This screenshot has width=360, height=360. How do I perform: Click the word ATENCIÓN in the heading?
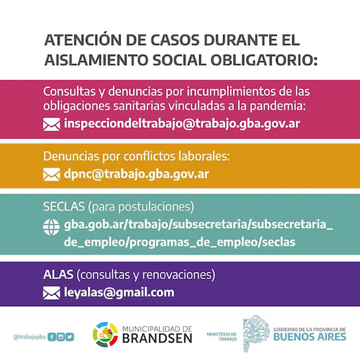click(83, 40)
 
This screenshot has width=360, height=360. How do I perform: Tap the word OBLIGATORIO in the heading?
click(264, 60)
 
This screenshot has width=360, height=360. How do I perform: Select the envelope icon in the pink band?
click(51, 124)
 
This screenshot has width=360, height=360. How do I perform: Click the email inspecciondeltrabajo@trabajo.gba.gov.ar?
click(182, 123)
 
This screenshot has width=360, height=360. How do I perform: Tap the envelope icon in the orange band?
click(51, 175)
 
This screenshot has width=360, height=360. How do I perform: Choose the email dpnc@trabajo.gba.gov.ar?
click(137, 174)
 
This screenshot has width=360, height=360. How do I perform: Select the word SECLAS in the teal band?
click(63, 206)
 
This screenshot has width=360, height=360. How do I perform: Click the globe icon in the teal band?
click(51, 227)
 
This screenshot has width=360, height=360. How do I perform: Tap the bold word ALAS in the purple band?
click(58, 275)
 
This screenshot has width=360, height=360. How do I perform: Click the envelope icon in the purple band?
click(51, 293)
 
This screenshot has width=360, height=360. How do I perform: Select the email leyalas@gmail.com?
click(119, 293)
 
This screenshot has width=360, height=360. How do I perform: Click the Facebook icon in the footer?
click(52, 337)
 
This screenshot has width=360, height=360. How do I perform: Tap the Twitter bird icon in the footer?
click(70, 337)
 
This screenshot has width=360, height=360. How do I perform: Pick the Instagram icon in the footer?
click(60, 337)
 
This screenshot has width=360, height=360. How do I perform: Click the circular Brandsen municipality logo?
click(106, 334)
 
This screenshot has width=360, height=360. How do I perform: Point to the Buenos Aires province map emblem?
click(256, 333)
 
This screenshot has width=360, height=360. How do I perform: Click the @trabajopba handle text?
click(29, 337)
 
